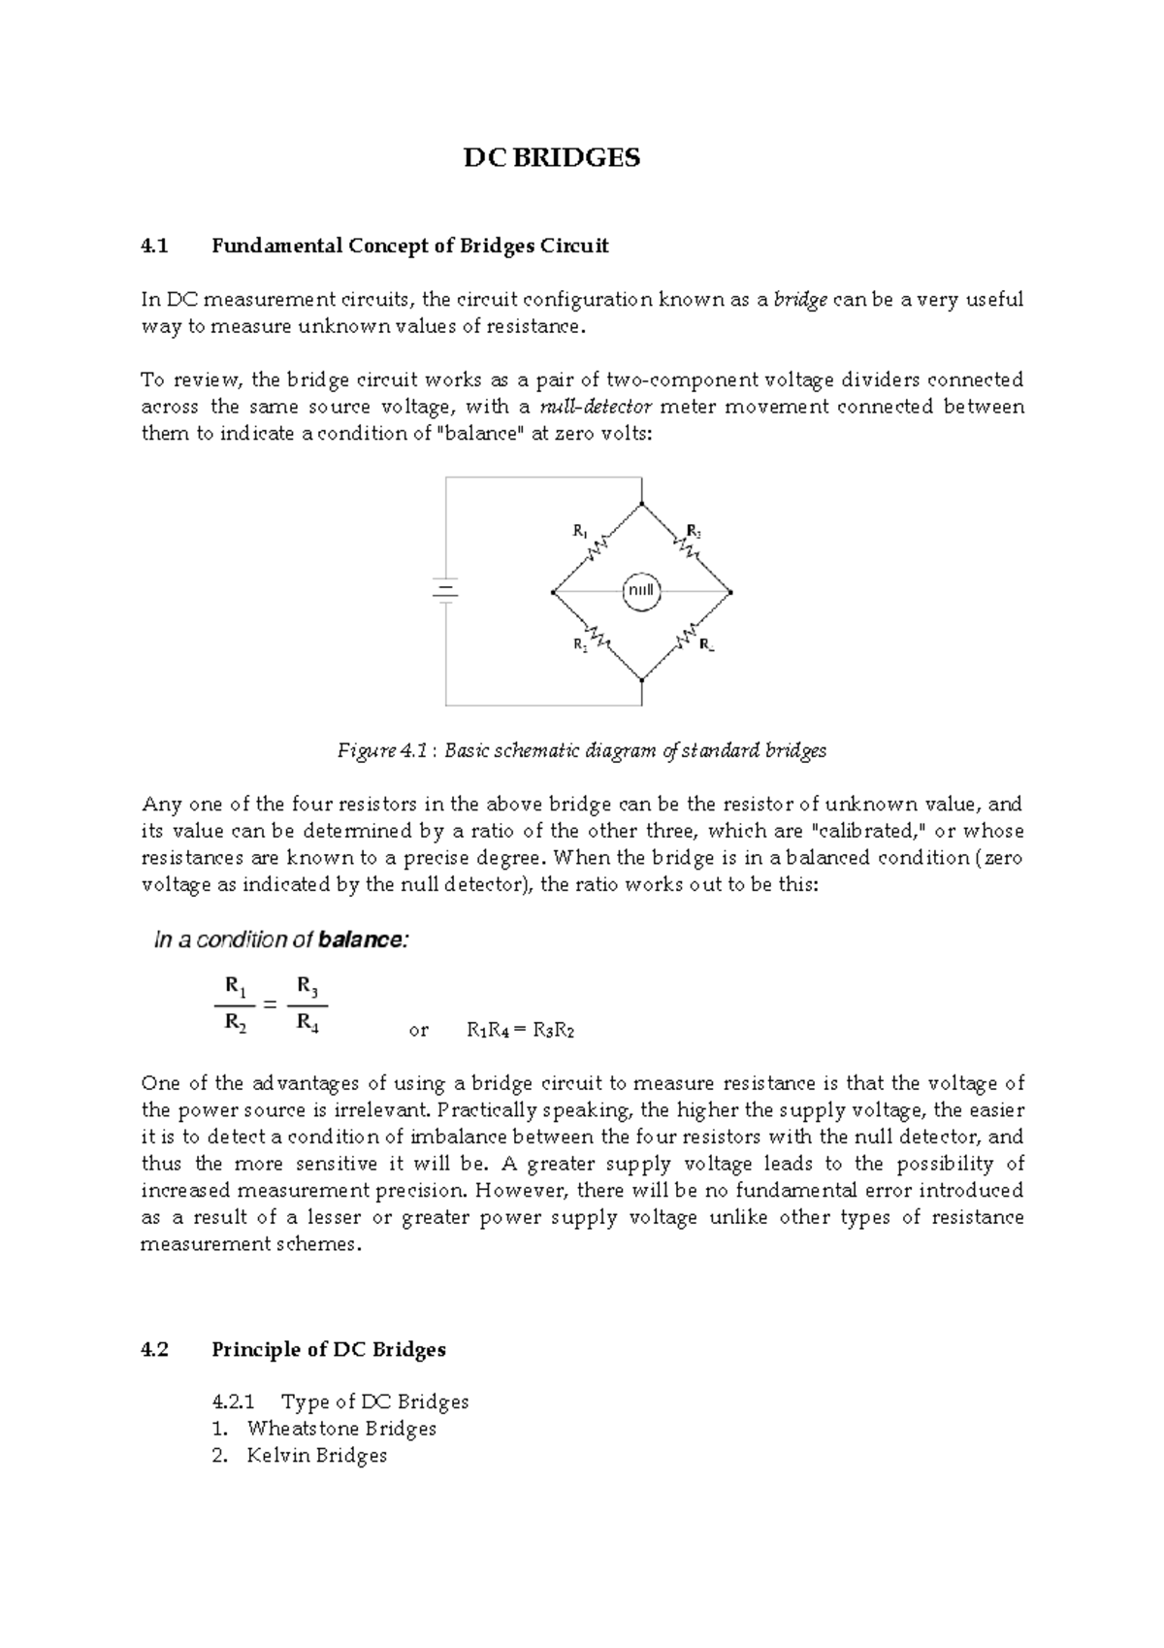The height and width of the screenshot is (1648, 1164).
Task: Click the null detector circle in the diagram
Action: (640, 591)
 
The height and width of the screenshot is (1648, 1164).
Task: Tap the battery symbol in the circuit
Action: (445, 591)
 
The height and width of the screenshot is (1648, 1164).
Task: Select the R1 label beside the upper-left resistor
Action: (579, 531)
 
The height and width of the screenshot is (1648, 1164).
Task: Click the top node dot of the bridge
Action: (642, 504)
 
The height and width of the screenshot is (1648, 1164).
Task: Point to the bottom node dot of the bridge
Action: (642, 679)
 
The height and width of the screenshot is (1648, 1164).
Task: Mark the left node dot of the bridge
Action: (552, 591)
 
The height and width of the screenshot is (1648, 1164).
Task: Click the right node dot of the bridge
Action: (730, 591)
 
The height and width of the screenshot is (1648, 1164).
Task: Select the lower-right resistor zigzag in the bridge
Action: (690, 637)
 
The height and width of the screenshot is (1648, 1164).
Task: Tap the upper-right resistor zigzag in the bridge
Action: (688, 546)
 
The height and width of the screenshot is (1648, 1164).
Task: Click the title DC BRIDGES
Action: (551, 158)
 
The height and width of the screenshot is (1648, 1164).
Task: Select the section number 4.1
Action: (154, 246)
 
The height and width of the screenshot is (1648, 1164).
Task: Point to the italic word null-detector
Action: (596, 407)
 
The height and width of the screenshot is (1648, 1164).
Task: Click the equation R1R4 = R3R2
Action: (520, 1031)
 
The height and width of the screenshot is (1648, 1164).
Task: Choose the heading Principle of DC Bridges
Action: (329, 1349)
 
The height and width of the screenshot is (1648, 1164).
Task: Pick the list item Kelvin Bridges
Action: (316, 1455)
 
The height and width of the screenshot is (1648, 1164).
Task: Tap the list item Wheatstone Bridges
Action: (341, 1428)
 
